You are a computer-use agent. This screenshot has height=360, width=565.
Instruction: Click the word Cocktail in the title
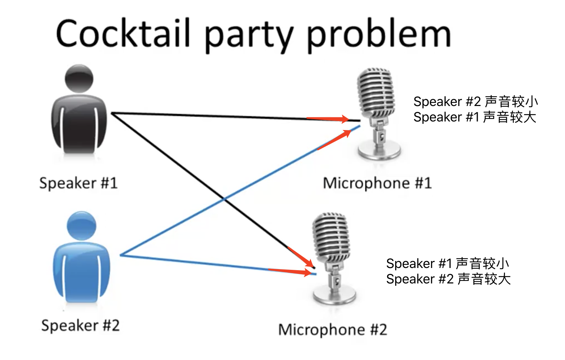(123, 34)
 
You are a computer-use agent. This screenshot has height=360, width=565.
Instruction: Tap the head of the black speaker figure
(79, 78)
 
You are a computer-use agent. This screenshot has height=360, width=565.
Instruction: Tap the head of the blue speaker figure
(81, 225)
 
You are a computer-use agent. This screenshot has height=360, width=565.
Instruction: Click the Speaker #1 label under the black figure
(78, 183)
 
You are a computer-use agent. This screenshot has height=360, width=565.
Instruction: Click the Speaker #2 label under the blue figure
(80, 325)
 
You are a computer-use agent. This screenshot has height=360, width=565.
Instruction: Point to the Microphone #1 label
(377, 183)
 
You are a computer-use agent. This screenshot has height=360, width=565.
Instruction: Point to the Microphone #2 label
(333, 329)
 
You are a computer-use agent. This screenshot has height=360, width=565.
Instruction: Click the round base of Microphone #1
(379, 152)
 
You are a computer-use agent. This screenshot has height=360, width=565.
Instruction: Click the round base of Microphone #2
(334, 296)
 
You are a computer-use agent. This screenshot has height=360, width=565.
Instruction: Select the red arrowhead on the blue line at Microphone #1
(346, 133)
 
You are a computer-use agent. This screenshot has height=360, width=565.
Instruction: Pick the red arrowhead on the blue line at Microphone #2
(308, 273)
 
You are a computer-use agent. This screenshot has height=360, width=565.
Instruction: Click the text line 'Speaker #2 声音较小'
(475, 102)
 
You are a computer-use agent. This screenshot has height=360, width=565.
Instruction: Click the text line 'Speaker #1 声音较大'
(474, 117)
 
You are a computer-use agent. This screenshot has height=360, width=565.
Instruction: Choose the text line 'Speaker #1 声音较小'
(448, 264)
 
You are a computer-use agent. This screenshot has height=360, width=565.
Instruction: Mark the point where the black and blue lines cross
(224, 199)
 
